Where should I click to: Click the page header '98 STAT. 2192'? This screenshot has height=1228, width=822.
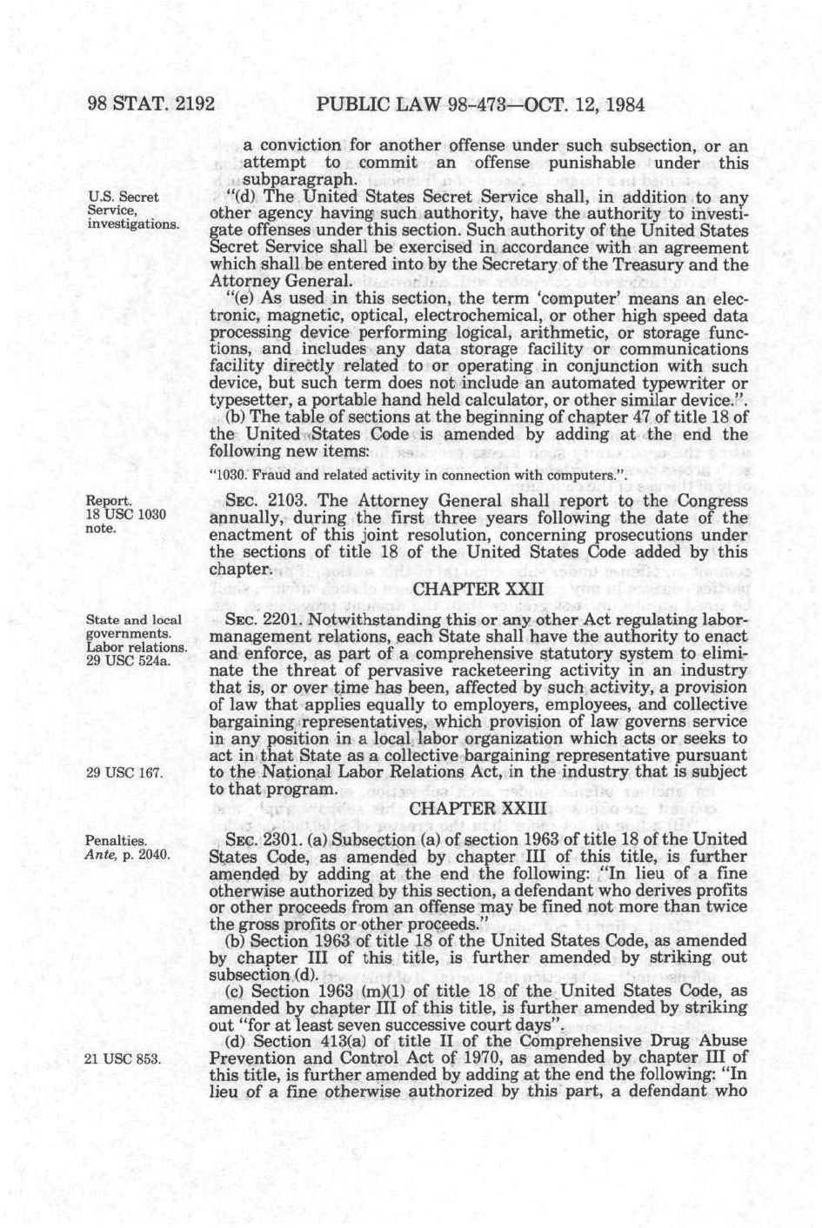click(x=150, y=105)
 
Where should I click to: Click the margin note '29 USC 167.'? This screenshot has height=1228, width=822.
click(x=124, y=772)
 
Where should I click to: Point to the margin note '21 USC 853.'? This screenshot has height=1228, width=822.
click(x=124, y=1058)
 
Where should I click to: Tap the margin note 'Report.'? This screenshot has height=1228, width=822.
click(x=109, y=500)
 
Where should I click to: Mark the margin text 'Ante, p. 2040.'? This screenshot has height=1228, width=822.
click(x=127, y=854)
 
